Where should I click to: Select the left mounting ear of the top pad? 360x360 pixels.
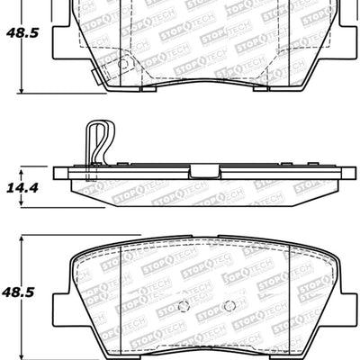(58, 36)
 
